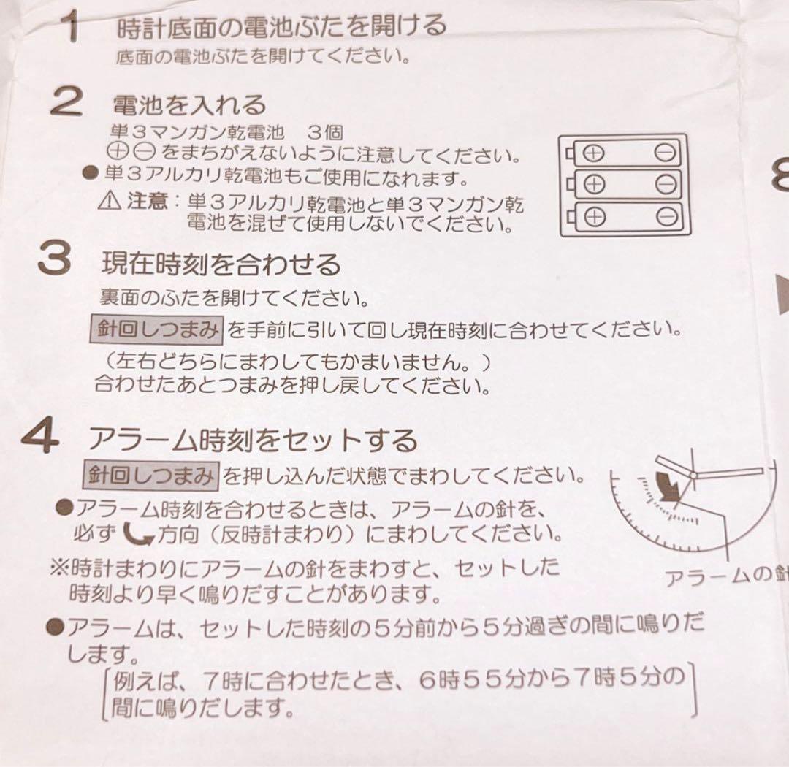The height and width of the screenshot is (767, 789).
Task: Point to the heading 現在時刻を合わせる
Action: point(221,264)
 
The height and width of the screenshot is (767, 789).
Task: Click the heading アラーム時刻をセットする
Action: point(252,440)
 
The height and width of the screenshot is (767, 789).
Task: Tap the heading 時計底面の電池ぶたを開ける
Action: point(281,27)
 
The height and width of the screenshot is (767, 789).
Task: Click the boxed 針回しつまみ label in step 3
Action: point(155,330)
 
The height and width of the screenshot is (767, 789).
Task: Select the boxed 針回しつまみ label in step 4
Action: point(150,476)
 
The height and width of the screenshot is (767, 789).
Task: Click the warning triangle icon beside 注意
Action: point(110,201)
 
